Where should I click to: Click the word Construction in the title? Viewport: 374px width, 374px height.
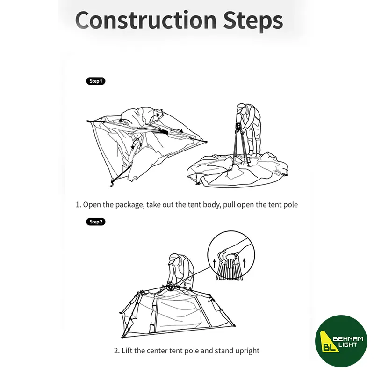146,20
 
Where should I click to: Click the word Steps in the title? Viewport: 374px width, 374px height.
253,21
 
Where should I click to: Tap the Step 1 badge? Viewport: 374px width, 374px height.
96,81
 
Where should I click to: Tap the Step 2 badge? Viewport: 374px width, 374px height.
96,222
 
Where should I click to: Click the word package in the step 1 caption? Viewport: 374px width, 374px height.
130,205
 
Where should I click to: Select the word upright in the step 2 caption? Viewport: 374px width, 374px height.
247,351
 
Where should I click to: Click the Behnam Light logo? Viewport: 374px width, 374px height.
341,341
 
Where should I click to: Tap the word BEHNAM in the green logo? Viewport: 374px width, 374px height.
347,338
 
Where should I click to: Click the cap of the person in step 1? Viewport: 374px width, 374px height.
241,107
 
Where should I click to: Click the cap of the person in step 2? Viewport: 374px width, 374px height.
173,259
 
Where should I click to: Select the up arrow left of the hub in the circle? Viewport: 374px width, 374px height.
214,263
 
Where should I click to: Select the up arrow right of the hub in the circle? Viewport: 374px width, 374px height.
244,263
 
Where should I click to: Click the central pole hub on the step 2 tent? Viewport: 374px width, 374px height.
171,287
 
